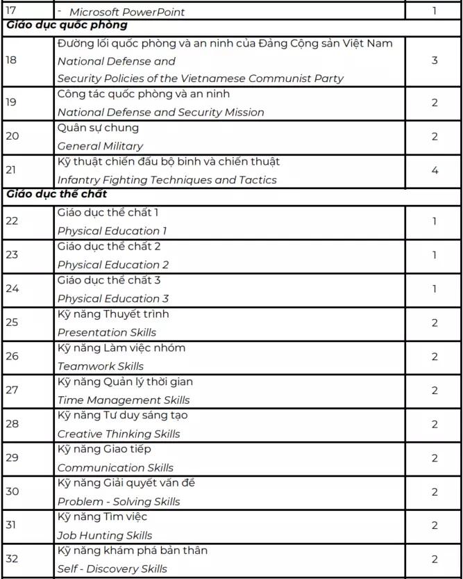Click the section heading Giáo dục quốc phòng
pos(67,26)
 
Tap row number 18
pos(12,60)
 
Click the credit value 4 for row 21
pos(435,170)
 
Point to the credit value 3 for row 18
pos(435,60)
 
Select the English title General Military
pos(100,146)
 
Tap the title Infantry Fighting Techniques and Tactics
pos(167,180)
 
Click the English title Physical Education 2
pos(112,264)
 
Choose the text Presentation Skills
pos(107,332)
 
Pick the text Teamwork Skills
pos(101,366)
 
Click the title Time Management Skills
pos(124,400)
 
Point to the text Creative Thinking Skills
pos(119,434)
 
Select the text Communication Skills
pos(115,468)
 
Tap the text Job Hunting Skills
pos(105,535)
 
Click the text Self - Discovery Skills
pos(112,569)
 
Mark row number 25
pos(12,323)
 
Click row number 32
pos(12,560)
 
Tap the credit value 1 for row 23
pos(435,255)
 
